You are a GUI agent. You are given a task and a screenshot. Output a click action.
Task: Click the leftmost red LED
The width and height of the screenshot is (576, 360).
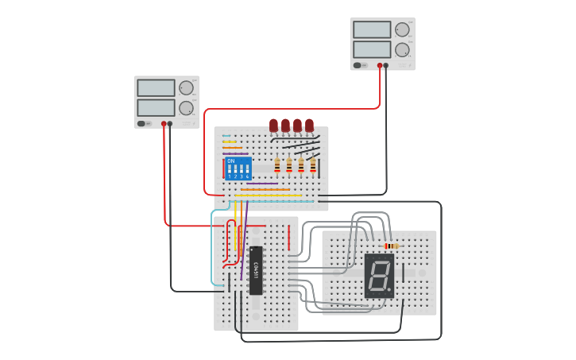click(x=273, y=125)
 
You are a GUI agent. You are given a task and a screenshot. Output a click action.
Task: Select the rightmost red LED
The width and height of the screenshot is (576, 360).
click(x=309, y=125)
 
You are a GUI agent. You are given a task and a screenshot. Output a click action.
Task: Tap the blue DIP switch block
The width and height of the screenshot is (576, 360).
click(x=238, y=168)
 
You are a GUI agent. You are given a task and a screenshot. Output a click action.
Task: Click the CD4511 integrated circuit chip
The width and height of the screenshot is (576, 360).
click(x=256, y=270)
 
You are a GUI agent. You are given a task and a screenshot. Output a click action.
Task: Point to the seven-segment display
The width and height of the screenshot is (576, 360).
click(x=379, y=276)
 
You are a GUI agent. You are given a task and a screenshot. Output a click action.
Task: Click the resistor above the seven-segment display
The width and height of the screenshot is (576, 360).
click(x=391, y=246)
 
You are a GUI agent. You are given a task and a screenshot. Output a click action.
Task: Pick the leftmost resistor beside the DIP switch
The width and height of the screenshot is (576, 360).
click(x=277, y=165)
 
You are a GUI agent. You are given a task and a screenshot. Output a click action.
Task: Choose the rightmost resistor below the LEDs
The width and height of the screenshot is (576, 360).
click(x=313, y=165)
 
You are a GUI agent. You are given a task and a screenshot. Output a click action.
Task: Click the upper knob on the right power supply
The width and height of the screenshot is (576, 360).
click(x=402, y=30)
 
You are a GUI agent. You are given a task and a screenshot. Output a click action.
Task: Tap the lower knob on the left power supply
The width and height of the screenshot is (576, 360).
click(x=186, y=108)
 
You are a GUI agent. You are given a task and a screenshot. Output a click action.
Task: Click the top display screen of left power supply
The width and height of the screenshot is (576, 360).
click(x=156, y=87)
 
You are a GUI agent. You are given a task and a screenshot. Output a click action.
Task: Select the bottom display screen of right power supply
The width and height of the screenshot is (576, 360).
click(x=372, y=49)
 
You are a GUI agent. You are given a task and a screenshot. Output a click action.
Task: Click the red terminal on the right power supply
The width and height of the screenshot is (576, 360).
click(x=380, y=66)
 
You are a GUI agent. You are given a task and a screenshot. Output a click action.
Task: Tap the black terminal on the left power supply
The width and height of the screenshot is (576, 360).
click(x=170, y=124)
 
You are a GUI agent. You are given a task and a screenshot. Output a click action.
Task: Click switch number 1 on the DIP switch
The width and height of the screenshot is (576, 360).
click(x=230, y=170)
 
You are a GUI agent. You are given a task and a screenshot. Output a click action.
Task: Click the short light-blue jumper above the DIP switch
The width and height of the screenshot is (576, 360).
click(x=226, y=136)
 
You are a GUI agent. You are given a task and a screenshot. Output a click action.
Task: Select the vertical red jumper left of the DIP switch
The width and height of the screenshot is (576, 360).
click(x=224, y=170)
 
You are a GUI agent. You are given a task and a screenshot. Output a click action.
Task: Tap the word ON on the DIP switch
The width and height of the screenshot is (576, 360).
click(x=231, y=161)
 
